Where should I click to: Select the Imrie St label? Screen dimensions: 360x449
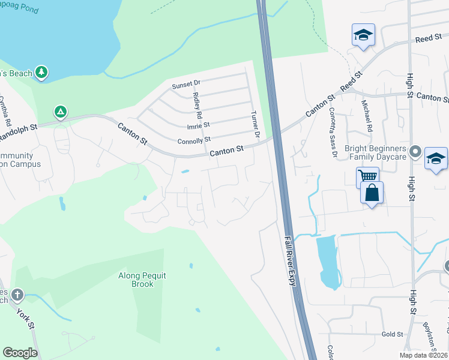point(198,125)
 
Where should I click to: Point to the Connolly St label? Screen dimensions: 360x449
point(194,142)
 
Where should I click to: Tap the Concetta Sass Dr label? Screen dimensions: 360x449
point(333,132)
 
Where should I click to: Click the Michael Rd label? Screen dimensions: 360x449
point(366,116)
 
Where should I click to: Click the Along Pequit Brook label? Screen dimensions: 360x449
point(142,280)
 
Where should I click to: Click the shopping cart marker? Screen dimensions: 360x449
point(367,177)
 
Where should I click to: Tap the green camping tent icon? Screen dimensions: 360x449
point(60,112)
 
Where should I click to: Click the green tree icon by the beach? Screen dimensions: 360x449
point(41,72)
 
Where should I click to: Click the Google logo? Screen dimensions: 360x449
point(20,352)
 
